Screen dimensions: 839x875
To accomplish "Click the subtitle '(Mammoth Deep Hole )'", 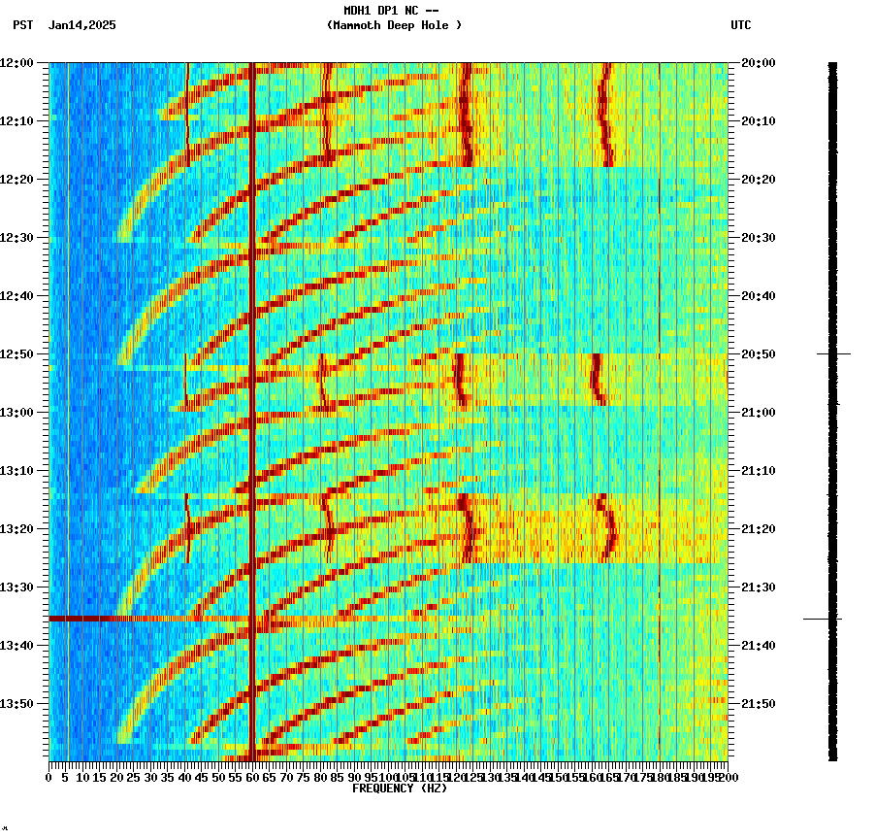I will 394,25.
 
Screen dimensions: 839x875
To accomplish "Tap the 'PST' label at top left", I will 22,25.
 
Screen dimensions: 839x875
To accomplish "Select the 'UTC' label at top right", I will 740,25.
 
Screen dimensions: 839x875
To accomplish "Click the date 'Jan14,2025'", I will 81,25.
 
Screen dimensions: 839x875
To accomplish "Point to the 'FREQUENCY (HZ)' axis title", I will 399,789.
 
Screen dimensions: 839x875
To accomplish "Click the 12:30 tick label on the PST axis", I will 17,238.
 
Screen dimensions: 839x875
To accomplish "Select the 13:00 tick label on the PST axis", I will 17,413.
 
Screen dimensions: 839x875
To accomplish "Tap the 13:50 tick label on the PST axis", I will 17,704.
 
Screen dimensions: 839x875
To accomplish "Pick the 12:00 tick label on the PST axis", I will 17,63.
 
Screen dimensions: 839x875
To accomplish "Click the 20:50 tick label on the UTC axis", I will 758,354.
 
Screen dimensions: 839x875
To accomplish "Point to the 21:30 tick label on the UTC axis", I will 758,587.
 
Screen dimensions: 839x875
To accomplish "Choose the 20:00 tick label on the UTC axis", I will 758,63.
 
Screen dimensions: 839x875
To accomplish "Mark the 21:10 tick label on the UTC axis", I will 758,471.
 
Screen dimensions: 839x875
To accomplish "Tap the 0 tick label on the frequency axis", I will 49,778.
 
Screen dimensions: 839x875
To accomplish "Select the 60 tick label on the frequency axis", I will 253,778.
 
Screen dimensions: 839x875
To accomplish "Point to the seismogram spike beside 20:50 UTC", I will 833,354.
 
